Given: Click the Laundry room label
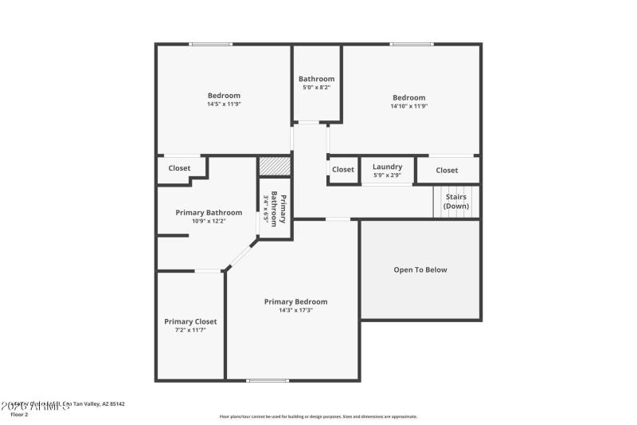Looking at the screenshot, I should click(x=387, y=167).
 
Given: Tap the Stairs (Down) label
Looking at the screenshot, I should click(x=456, y=201).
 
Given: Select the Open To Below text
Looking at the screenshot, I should click(x=420, y=270).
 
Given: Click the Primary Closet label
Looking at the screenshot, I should click(x=190, y=321).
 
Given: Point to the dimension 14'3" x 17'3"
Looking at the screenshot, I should click(x=295, y=310).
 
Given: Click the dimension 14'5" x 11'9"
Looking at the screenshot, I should click(x=224, y=104).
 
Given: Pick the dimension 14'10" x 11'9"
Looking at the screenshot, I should click(x=409, y=106).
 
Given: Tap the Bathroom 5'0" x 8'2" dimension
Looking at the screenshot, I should click(x=316, y=88).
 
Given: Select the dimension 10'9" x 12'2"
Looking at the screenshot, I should click(x=209, y=221).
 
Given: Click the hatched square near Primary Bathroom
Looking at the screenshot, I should click(x=274, y=166).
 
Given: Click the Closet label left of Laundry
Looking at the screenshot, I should click(x=343, y=169).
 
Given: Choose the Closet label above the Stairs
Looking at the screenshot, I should click(x=447, y=170).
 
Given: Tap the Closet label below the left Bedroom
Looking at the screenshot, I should click(x=179, y=168).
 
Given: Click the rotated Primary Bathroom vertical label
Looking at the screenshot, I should click(x=277, y=209).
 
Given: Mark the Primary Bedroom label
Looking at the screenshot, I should click(x=295, y=301).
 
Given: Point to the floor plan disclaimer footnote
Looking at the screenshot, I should click(x=318, y=416).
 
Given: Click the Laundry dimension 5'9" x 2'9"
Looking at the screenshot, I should click(x=387, y=175).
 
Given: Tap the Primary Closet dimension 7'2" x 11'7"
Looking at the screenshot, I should click(x=190, y=329).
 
